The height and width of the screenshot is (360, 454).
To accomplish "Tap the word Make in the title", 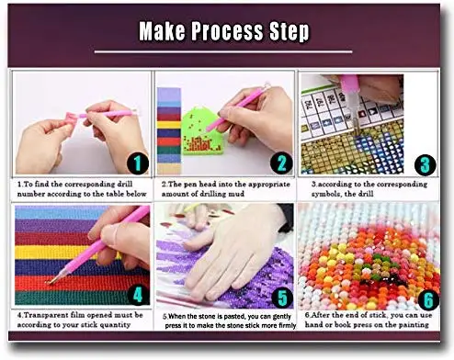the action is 162,30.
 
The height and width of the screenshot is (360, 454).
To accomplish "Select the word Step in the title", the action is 289,31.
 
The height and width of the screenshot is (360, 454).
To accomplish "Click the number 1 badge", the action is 138,163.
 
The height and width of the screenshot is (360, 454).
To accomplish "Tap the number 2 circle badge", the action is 281,163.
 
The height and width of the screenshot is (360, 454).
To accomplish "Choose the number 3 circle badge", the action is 426,165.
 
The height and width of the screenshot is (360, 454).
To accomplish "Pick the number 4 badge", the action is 138,295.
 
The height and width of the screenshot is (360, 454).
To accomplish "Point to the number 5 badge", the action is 282,298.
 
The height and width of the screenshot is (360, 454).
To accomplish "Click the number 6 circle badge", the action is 428,299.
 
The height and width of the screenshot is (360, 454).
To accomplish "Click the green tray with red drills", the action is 199,132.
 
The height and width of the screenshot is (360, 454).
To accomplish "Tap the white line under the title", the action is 223,51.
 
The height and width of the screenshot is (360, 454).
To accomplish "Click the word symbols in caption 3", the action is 326,195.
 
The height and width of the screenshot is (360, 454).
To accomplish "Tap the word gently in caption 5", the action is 281,317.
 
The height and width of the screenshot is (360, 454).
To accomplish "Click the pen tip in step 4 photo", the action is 49,282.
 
